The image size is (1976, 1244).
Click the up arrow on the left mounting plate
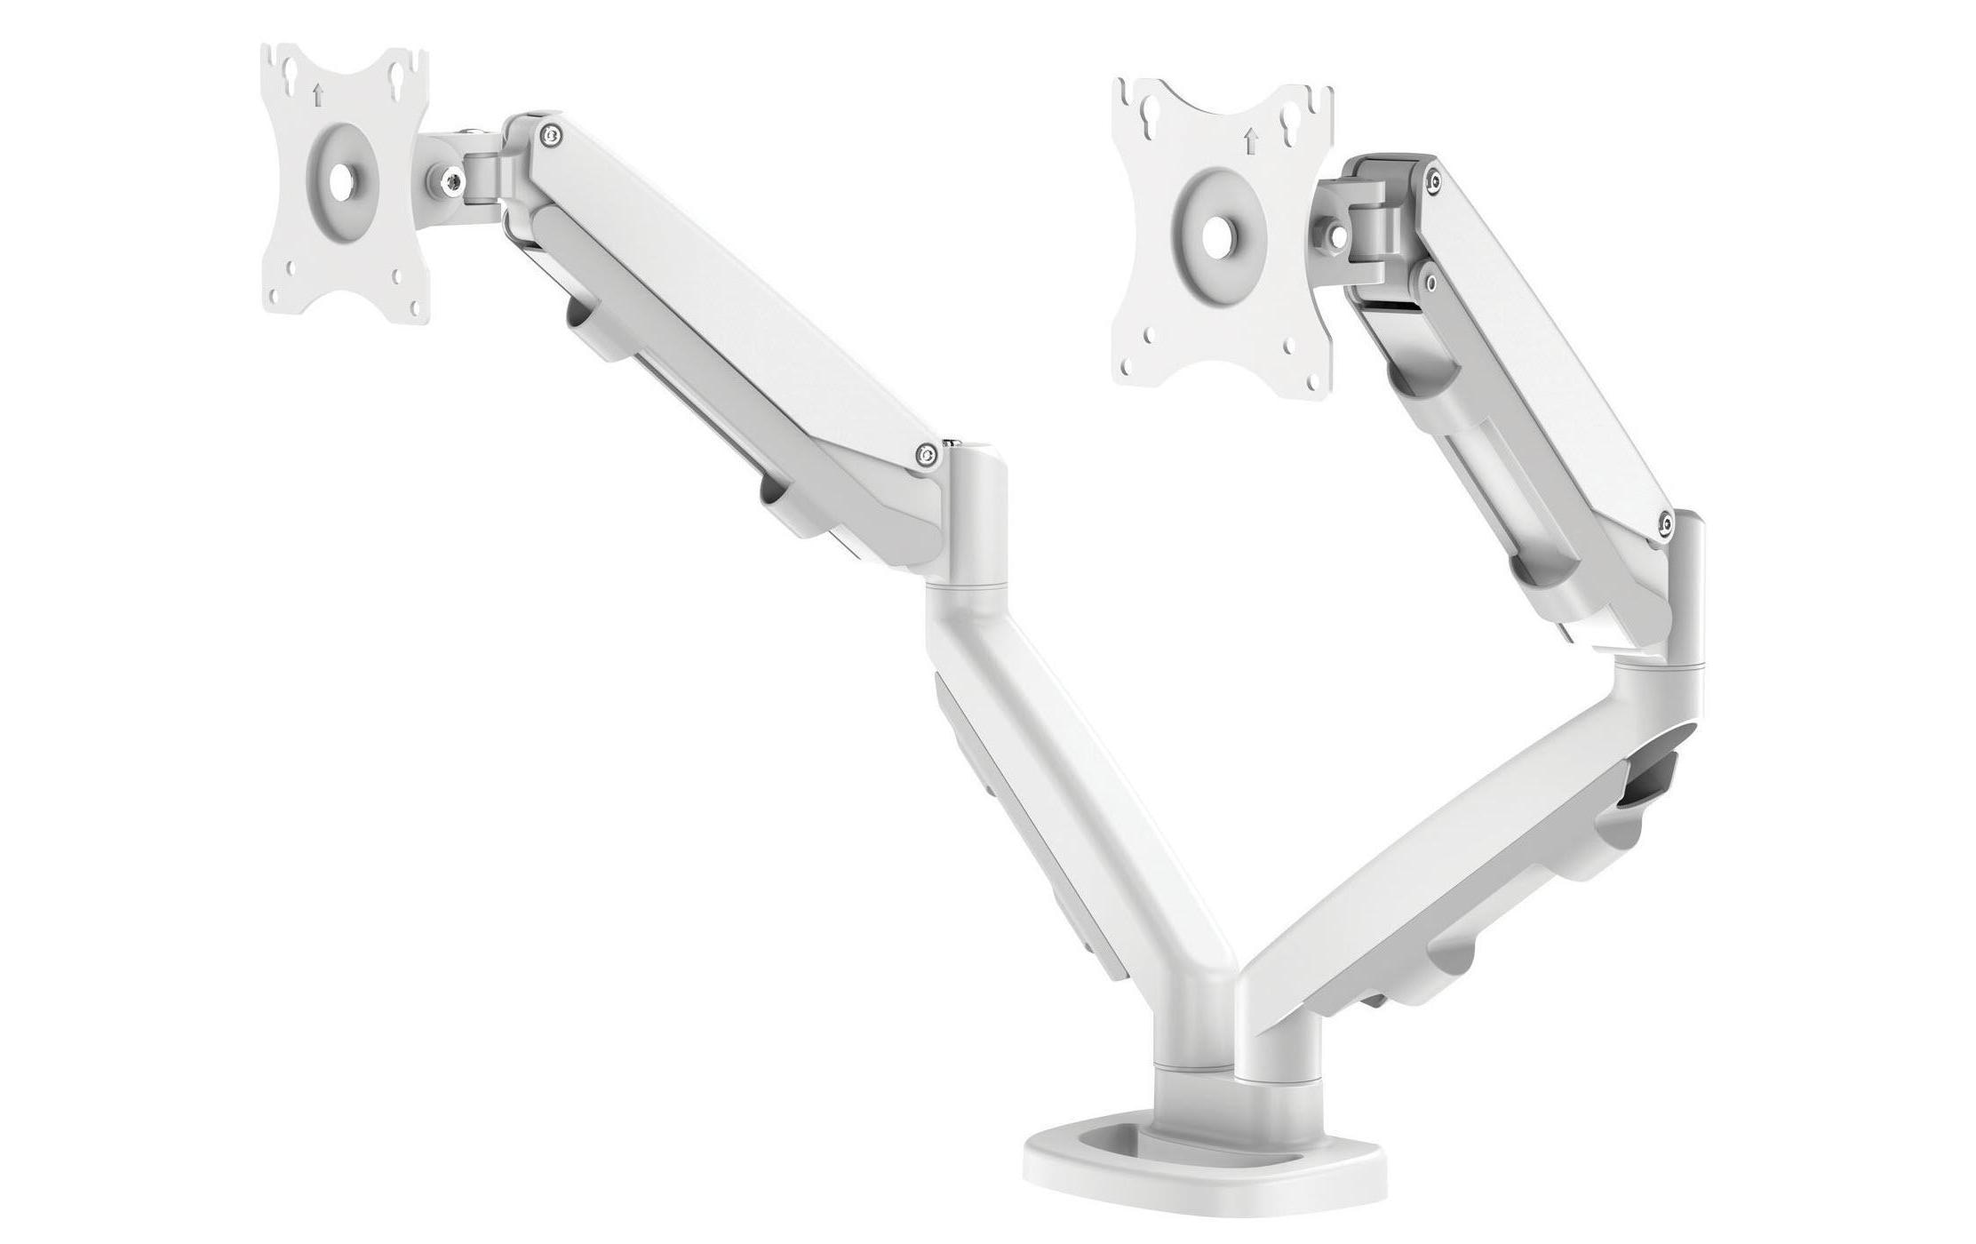pos(318,92)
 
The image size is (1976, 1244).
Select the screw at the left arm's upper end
pos(553,135)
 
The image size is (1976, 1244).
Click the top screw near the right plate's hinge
pos(1431,182)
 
